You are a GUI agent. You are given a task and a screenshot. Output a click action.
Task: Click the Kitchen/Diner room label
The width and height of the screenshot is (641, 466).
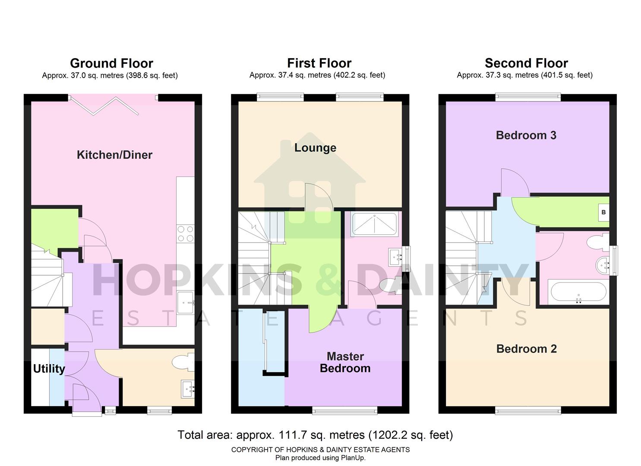[x=114, y=155]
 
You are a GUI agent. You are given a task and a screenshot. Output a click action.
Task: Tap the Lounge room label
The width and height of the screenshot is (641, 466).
[x=315, y=148]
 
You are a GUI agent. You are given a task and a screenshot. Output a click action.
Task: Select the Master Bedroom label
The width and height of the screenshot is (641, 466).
[x=345, y=362]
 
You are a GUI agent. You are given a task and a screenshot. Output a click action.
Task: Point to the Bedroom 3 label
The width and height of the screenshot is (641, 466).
[x=526, y=135]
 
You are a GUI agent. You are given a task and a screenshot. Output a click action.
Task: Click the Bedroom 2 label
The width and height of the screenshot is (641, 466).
[x=526, y=349]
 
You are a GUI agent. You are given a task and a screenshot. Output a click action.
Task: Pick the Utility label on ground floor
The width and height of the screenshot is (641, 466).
[x=49, y=368]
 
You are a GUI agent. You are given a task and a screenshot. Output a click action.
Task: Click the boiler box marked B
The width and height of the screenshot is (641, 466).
[x=603, y=212]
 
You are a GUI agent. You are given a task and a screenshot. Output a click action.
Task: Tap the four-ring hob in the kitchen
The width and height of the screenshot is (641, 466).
[x=186, y=233]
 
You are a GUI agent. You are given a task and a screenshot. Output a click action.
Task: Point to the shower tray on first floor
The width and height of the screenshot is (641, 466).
[x=374, y=224]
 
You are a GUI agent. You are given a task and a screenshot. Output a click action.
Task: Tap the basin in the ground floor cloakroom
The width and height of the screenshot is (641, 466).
[x=188, y=389]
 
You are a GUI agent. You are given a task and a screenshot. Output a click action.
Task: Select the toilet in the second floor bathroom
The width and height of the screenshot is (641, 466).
[x=600, y=242]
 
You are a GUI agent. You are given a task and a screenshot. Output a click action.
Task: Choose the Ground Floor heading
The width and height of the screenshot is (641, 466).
[x=111, y=63]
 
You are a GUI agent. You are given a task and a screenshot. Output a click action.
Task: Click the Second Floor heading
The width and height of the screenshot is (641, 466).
[x=526, y=63]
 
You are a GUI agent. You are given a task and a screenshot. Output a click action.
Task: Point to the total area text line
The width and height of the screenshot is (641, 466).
[x=315, y=435]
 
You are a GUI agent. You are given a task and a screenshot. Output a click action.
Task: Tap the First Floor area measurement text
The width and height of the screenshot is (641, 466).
[x=317, y=75]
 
